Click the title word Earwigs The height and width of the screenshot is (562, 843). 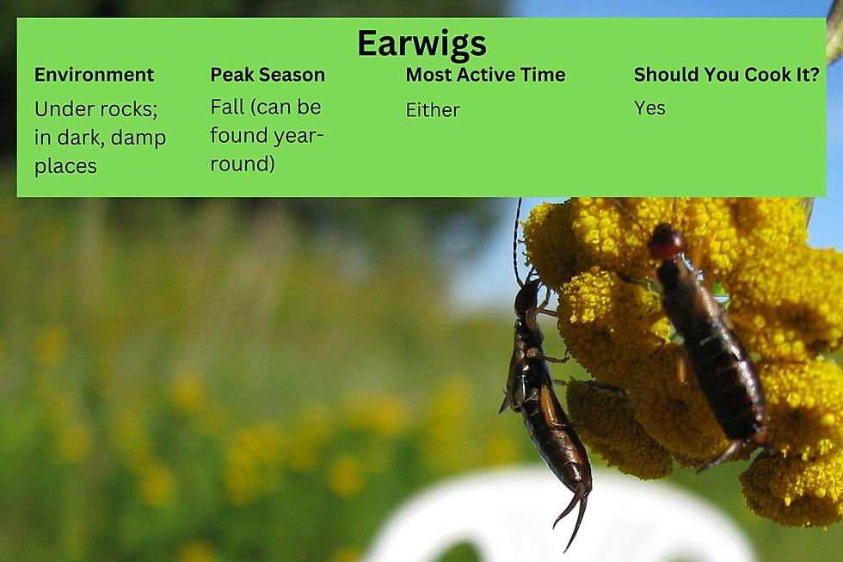click(x=421, y=44)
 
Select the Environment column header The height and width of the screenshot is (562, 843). click(x=94, y=75)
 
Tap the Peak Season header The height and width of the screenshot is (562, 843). click(x=268, y=75)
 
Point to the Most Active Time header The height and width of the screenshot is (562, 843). click(x=485, y=75)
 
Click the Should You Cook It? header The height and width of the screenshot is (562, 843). click(x=726, y=75)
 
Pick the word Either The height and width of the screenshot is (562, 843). click(x=433, y=109)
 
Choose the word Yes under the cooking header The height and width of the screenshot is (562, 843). click(x=649, y=108)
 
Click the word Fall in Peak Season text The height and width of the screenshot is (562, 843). click(x=227, y=107)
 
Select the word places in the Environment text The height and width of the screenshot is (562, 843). click(x=65, y=166)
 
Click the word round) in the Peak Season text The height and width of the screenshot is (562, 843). click(x=243, y=164)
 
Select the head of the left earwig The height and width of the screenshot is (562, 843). click(x=526, y=300)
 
